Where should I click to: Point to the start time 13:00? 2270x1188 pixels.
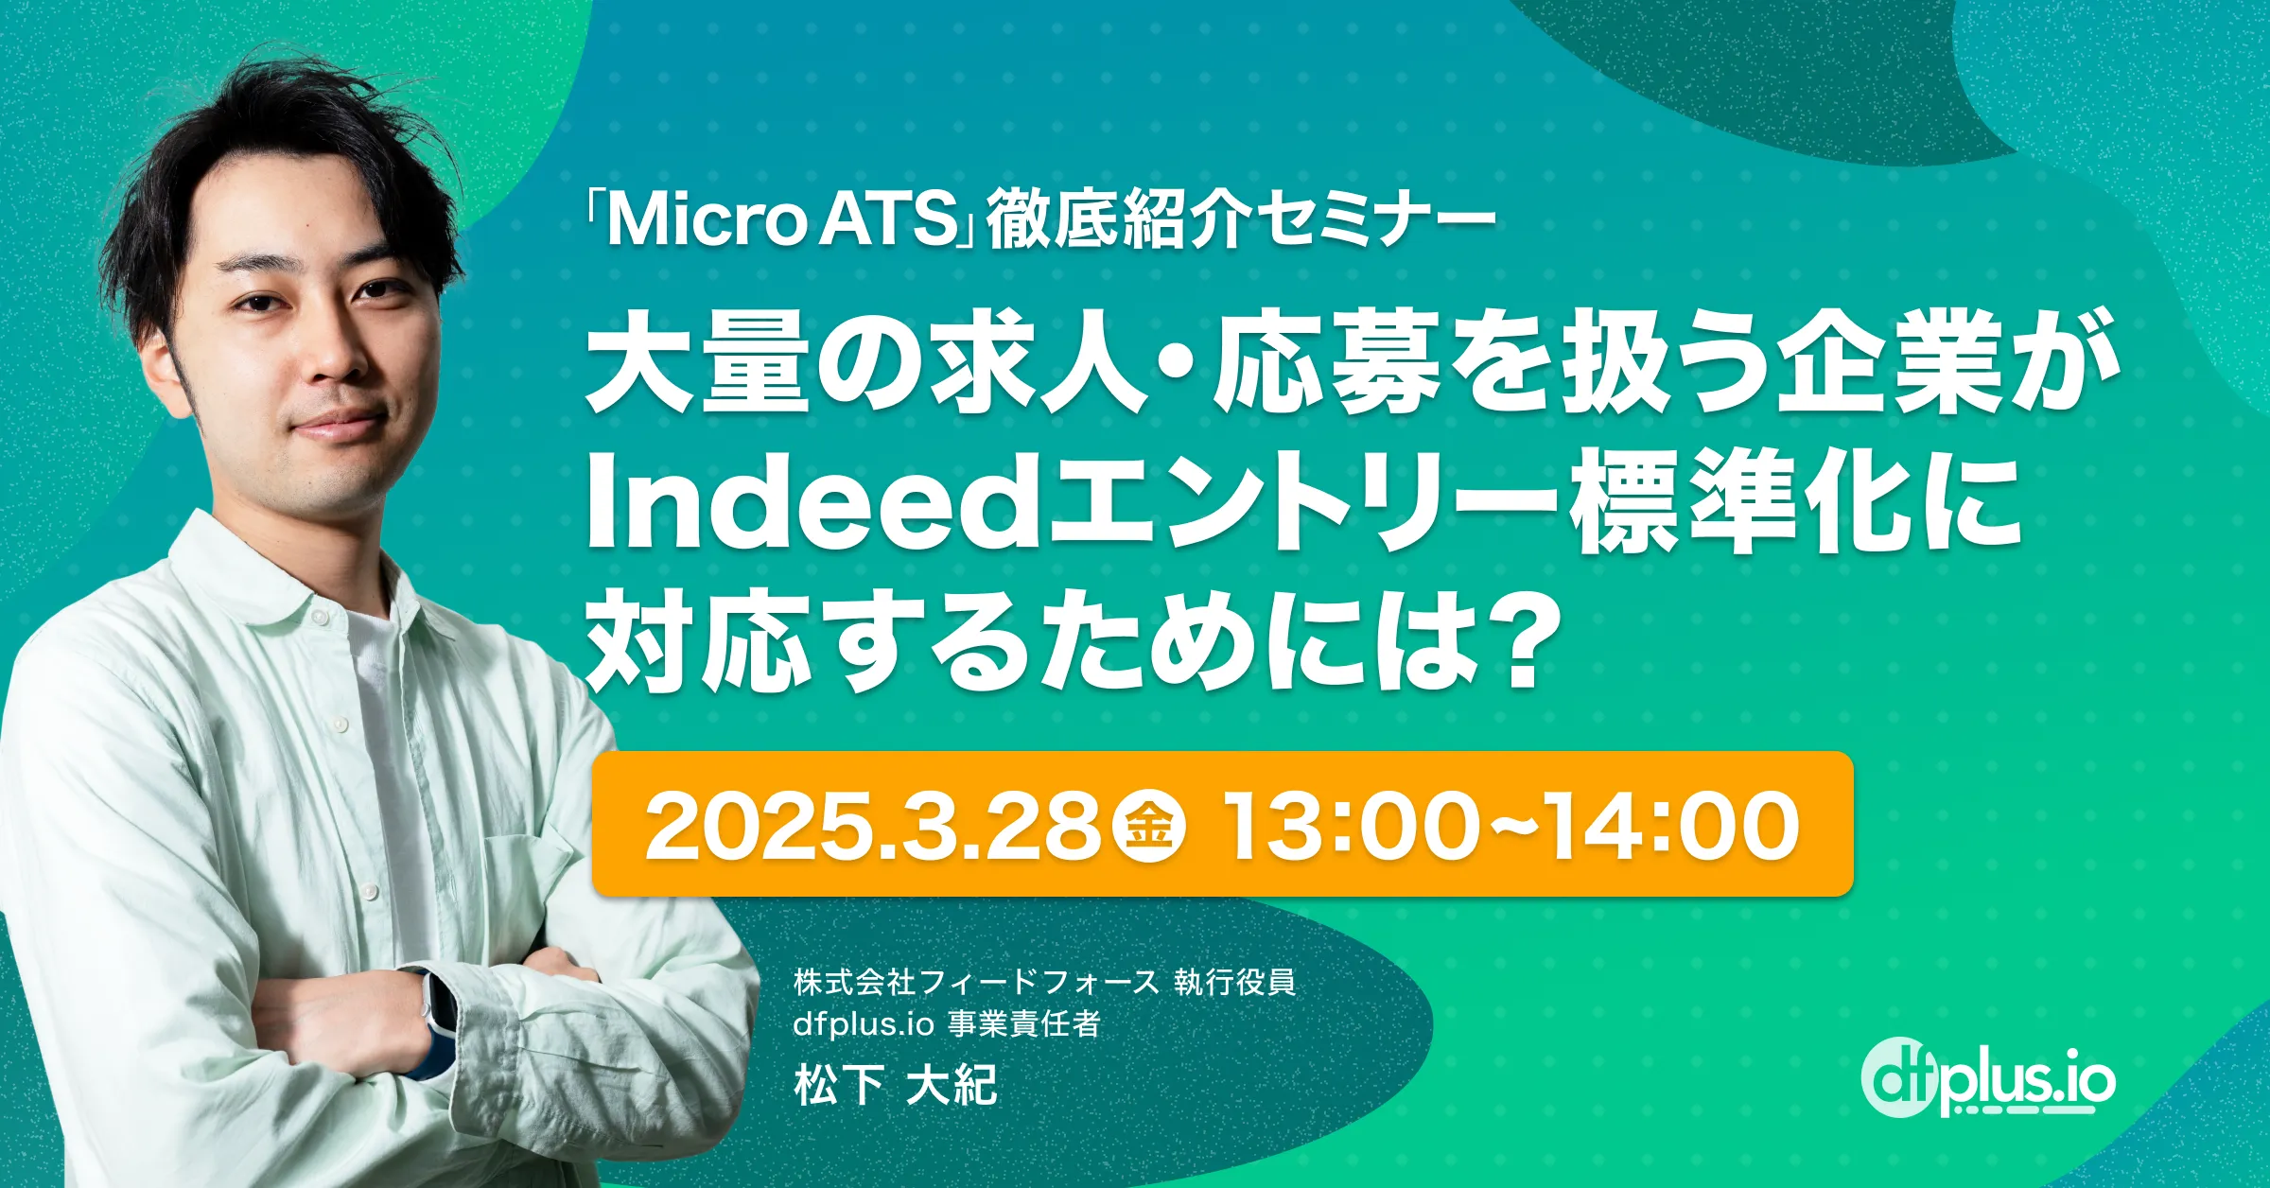(x=1349, y=825)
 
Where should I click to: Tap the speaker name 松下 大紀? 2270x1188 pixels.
(x=896, y=1084)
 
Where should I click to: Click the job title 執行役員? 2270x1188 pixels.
(x=1234, y=983)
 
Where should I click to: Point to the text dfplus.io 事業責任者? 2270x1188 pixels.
(x=946, y=1024)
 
